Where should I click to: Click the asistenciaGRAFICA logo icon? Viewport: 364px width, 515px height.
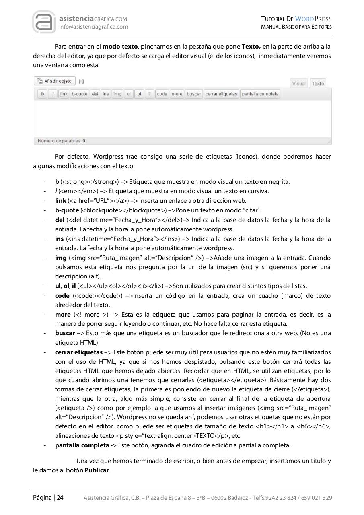[x=44, y=22]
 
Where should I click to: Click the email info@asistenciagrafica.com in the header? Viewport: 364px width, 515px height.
[x=93, y=27]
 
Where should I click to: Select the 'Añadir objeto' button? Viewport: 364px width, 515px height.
[x=55, y=81]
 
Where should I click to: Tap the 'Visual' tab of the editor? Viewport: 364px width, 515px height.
[x=299, y=84]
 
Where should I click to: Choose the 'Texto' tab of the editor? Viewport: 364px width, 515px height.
[x=318, y=84]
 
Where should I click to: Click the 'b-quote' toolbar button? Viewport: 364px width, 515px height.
[x=79, y=94]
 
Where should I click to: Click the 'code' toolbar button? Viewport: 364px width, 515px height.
[x=162, y=94]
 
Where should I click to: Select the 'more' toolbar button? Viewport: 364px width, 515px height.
[x=177, y=94]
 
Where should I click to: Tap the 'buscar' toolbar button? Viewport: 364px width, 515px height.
[x=194, y=94]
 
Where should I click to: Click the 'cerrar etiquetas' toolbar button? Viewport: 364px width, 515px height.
[x=221, y=94]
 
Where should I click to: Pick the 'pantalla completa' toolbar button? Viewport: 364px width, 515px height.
[x=260, y=94]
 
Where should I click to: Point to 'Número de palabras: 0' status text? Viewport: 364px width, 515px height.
[x=61, y=141]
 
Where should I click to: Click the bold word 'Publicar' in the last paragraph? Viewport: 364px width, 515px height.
[x=97, y=470]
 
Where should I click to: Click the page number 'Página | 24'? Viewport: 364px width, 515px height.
[x=48, y=498]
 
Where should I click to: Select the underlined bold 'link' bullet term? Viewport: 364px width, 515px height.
[x=61, y=201]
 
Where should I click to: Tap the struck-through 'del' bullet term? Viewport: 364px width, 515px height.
[x=60, y=220]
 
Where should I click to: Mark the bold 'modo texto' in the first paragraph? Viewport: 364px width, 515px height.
[x=120, y=47]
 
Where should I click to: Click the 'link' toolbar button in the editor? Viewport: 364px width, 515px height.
[x=64, y=94]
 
